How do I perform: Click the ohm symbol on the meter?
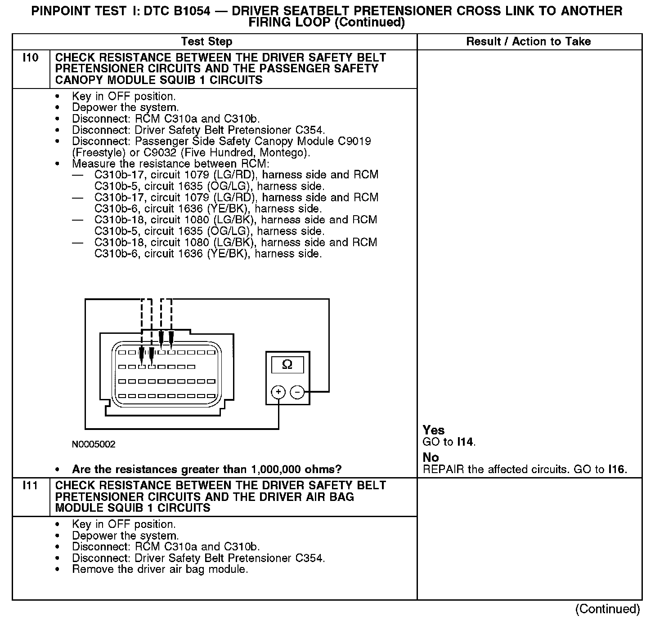click(287, 365)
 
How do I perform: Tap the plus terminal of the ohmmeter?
click(278, 392)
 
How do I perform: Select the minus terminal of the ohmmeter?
click(297, 393)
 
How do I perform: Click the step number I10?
click(31, 58)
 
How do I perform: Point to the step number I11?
click(31, 486)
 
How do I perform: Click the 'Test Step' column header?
click(206, 42)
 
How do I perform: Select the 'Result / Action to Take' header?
click(528, 42)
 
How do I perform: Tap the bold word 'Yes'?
click(434, 430)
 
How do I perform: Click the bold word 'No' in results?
click(431, 458)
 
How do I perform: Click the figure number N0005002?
click(94, 444)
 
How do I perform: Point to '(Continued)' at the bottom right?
click(607, 609)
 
